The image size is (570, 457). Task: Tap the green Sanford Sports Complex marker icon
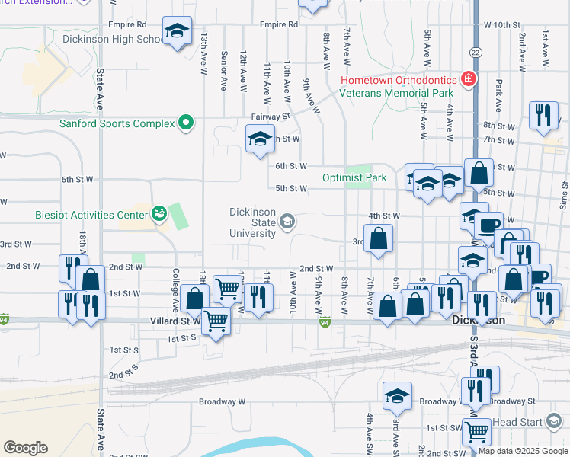click(x=185, y=123)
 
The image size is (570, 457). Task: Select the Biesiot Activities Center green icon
click(x=159, y=214)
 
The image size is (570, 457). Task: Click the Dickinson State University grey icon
click(x=287, y=222)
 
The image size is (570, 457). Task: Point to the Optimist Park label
click(x=355, y=177)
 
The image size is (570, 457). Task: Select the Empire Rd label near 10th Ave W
click(x=278, y=24)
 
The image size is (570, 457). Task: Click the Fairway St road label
click(x=271, y=117)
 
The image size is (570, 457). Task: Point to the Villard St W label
click(x=175, y=321)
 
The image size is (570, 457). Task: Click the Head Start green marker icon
click(x=554, y=421)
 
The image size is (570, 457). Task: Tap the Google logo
click(x=25, y=448)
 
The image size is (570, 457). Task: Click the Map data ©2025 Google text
click(x=523, y=451)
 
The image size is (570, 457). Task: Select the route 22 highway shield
click(x=475, y=51)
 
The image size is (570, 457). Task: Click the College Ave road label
click(x=175, y=289)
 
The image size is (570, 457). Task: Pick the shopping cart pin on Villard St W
click(x=216, y=321)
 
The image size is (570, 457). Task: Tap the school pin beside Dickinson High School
click(x=178, y=31)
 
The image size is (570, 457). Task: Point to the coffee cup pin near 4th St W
click(x=488, y=225)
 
